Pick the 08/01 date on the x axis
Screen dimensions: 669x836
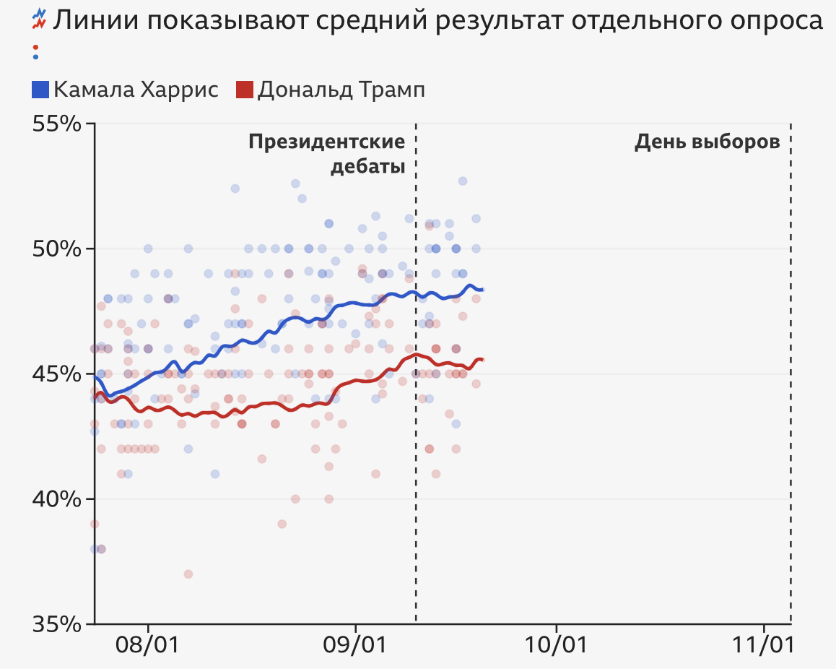148,644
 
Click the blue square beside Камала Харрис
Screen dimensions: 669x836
40,90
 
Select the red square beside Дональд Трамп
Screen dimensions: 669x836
245,90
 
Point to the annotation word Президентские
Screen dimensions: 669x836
327,142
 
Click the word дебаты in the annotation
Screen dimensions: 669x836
367,167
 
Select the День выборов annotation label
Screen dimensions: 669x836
707,142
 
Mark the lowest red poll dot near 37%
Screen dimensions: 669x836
188,574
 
